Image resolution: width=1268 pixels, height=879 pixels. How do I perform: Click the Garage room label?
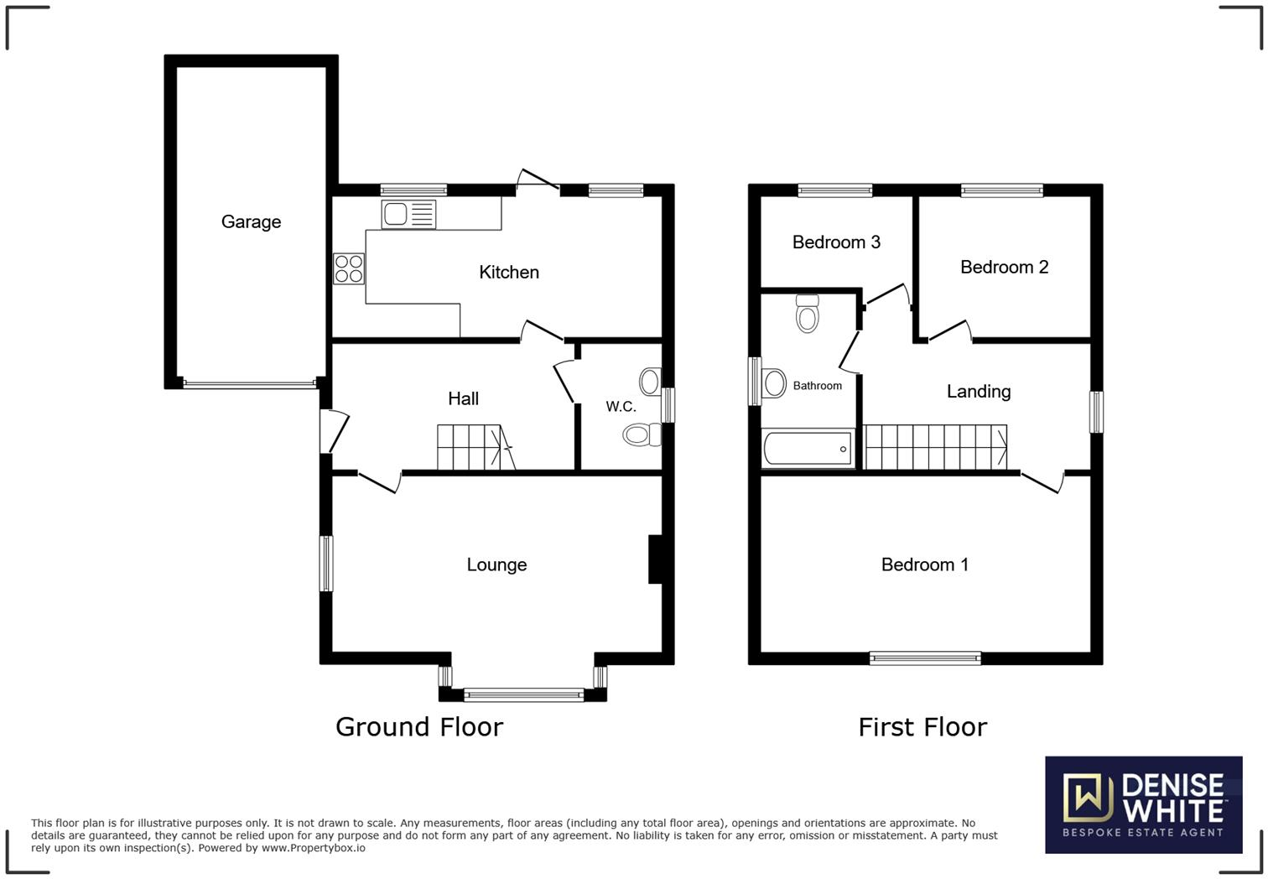[x=251, y=222]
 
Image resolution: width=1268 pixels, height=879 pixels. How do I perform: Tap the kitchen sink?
[x=408, y=214]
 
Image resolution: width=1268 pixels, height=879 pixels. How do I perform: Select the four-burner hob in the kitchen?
[x=349, y=268]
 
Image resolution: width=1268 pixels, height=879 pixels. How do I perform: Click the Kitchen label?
[x=509, y=273]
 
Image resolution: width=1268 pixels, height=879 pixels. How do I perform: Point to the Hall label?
[x=463, y=399]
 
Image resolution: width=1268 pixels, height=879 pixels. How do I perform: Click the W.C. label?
[x=621, y=407]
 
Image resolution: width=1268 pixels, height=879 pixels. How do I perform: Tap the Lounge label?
[x=496, y=565]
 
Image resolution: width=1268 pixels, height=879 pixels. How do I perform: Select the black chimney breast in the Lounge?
[x=655, y=559]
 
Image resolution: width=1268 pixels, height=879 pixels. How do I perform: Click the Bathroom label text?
[x=817, y=386]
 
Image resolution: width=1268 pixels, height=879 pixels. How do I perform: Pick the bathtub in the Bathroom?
[x=808, y=449]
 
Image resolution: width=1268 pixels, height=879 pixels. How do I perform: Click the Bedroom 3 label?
[x=836, y=242]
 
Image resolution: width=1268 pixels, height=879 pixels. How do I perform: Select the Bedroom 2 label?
[x=1004, y=268]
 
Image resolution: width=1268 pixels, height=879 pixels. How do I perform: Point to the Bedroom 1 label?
[x=924, y=565]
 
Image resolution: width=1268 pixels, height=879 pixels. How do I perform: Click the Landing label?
[x=978, y=392]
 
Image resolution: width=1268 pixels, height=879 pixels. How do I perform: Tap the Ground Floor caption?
[x=419, y=726]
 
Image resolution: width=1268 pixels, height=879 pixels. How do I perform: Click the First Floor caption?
[x=922, y=726]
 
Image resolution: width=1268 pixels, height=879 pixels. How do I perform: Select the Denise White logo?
[x=1143, y=804]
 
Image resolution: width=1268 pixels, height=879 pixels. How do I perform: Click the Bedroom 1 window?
[x=925, y=658]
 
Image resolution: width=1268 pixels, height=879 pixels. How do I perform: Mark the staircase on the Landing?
[x=935, y=447]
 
